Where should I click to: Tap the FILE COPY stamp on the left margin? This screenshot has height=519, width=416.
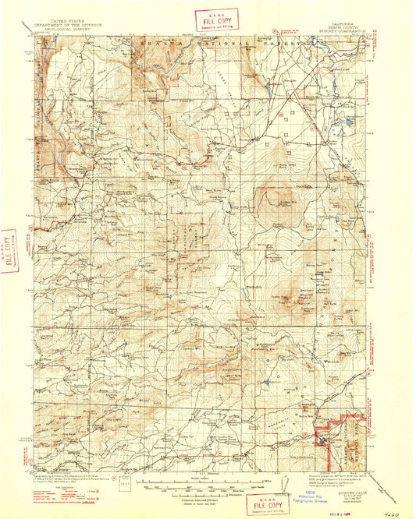tap(10, 252)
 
